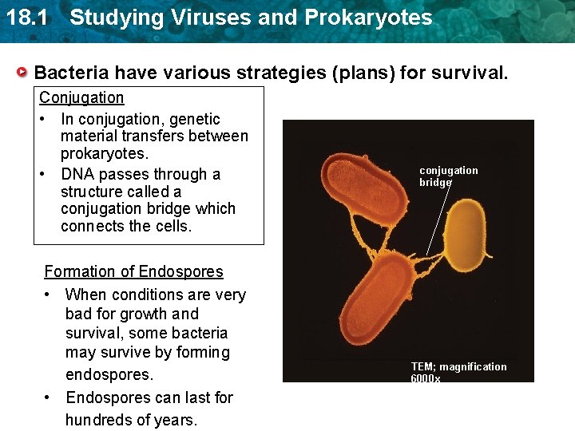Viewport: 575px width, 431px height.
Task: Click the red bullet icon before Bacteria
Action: pyautogui.click(x=24, y=73)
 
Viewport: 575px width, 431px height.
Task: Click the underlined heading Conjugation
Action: pyautogui.click(x=81, y=97)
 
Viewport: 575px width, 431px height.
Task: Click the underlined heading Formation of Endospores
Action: pyautogui.click(x=133, y=271)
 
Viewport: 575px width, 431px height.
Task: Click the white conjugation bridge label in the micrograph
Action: pyautogui.click(x=448, y=176)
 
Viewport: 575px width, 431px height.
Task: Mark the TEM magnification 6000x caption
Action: pyautogui.click(x=458, y=371)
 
